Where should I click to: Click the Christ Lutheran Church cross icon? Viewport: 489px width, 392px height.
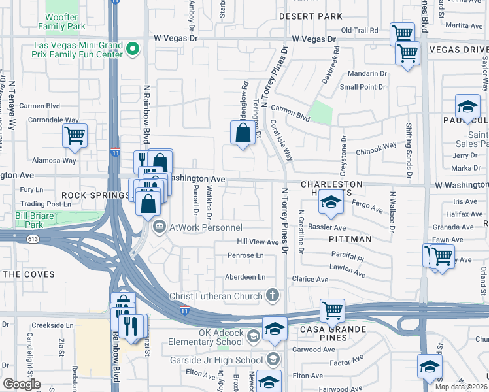[x=272, y=296]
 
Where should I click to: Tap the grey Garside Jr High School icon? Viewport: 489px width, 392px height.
[x=273, y=359]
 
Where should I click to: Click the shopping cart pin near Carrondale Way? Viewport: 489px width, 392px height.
[x=75, y=136]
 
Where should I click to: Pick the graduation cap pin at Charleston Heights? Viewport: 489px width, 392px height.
[x=331, y=204]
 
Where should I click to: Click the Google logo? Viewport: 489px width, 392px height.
[x=22, y=384]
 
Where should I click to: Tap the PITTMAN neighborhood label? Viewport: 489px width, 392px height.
[x=352, y=239]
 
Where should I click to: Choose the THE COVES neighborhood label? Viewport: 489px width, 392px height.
[x=31, y=274]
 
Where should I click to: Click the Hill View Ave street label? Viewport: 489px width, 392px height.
[x=258, y=242]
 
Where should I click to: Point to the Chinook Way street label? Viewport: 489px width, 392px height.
[x=376, y=149]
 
